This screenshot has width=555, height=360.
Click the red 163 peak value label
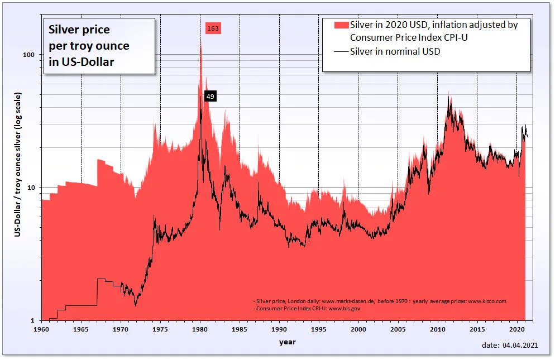tap(213, 28)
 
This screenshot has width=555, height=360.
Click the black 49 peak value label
tap(210, 97)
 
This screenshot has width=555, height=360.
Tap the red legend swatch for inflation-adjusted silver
tap(341, 25)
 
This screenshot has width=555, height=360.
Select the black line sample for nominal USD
tap(341, 52)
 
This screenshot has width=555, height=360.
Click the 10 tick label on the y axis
tap(31, 188)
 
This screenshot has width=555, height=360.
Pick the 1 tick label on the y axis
tap(33, 320)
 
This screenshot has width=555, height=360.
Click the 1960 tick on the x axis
tap(42, 330)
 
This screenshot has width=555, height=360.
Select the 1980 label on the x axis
tap(200, 330)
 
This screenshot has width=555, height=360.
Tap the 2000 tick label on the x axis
tap(358, 330)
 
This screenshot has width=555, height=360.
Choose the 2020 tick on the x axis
tap(516, 330)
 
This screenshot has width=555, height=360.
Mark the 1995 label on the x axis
tap(318, 330)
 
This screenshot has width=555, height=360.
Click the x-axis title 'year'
tap(288, 342)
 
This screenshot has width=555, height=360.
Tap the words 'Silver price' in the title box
tap(80, 30)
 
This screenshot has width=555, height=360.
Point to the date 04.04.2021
tap(520, 346)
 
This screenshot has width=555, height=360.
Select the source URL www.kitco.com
tap(487, 301)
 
